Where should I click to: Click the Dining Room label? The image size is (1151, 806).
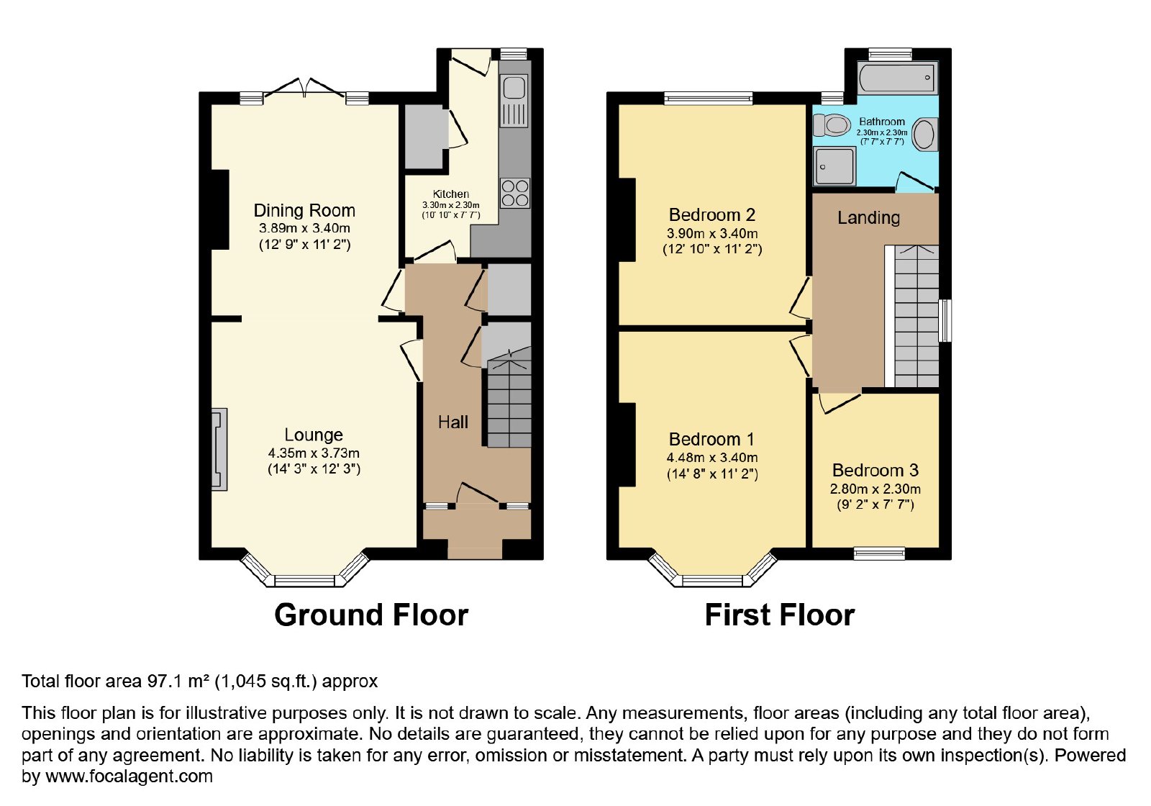click(304, 211)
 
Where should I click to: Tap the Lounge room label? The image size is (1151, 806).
click(314, 435)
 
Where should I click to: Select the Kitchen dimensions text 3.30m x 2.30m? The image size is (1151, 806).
click(450, 205)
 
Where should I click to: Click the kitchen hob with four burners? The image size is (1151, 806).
click(515, 193)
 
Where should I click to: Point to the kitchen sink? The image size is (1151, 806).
click(514, 101)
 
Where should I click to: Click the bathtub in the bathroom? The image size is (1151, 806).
click(897, 78)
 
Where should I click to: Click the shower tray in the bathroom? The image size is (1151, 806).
click(834, 166)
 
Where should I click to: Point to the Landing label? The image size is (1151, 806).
click(868, 218)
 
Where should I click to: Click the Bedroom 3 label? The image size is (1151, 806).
click(875, 471)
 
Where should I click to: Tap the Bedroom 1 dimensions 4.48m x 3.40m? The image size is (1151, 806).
click(712, 458)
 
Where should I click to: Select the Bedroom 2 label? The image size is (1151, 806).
click(712, 215)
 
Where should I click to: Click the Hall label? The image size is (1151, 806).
click(452, 422)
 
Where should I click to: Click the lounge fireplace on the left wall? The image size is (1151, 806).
click(219, 449)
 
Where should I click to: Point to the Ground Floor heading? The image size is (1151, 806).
click(371, 615)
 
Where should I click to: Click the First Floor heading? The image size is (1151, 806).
click(780, 615)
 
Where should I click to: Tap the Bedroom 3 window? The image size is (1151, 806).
click(879, 553)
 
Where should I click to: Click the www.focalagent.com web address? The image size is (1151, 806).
click(129, 776)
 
